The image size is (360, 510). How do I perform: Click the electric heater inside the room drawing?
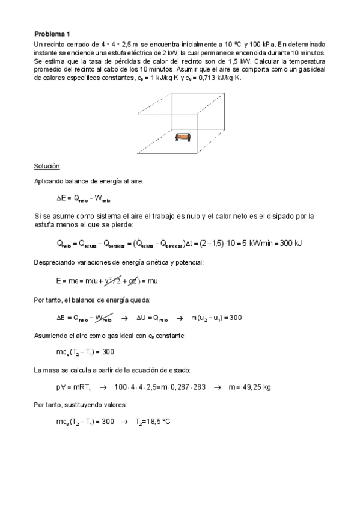click(182, 138)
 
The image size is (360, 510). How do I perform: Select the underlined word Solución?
click(47, 165)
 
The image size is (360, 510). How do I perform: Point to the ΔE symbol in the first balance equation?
click(61, 197)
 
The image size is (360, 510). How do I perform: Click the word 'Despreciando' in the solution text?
click(56, 262)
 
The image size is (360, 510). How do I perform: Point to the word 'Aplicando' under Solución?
click(50, 180)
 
